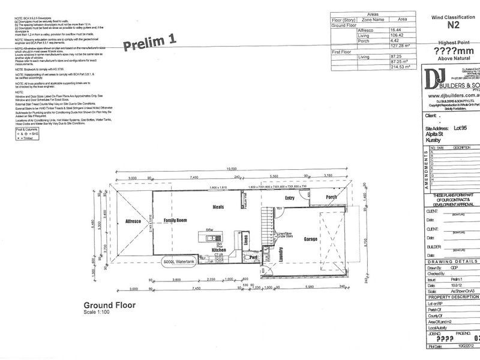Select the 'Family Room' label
(x=178, y=221)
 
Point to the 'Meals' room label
(x=218, y=207)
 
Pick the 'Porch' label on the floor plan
(x=331, y=197)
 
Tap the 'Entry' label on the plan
(x=290, y=197)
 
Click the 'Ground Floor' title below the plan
(x=109, y=305)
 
